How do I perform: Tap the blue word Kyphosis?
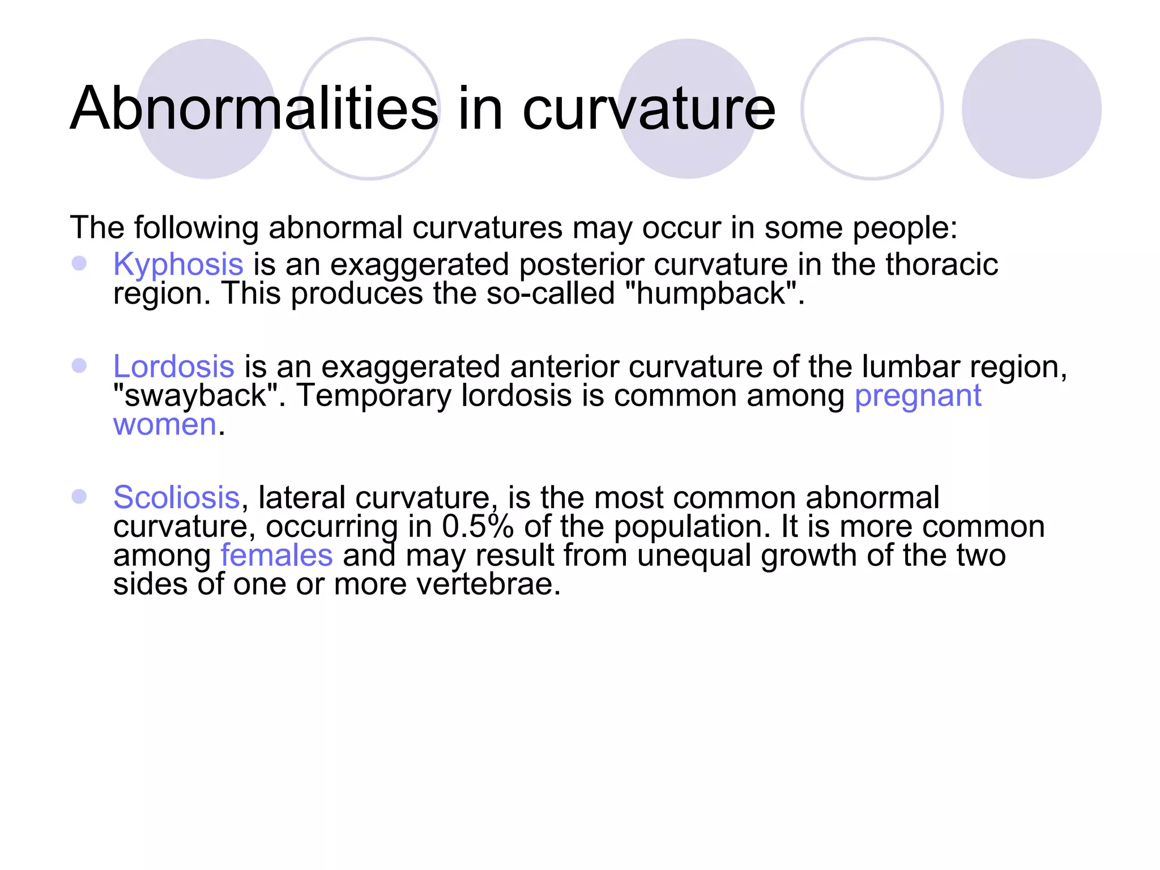[x=178, y=265]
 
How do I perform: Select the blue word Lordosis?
[x=173, y=366]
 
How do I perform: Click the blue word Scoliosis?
[x=176, y=497]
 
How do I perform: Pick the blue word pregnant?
[x=918, y=396]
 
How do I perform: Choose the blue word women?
[x=164, y=424]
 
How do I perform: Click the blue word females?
[x=276, y=555]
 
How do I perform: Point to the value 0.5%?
[x=477, y=526]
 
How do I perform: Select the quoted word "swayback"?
[x=195, y=395]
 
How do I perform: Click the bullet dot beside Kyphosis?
[x=79, y=263]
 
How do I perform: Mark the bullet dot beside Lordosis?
[x=79, y=365]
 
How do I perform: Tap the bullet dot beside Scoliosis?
[x=79, y=496]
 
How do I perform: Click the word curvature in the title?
[x=648, y=109]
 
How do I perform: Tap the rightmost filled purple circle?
[x=1031, y=109]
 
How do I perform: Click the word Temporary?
[x=374, y=395]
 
